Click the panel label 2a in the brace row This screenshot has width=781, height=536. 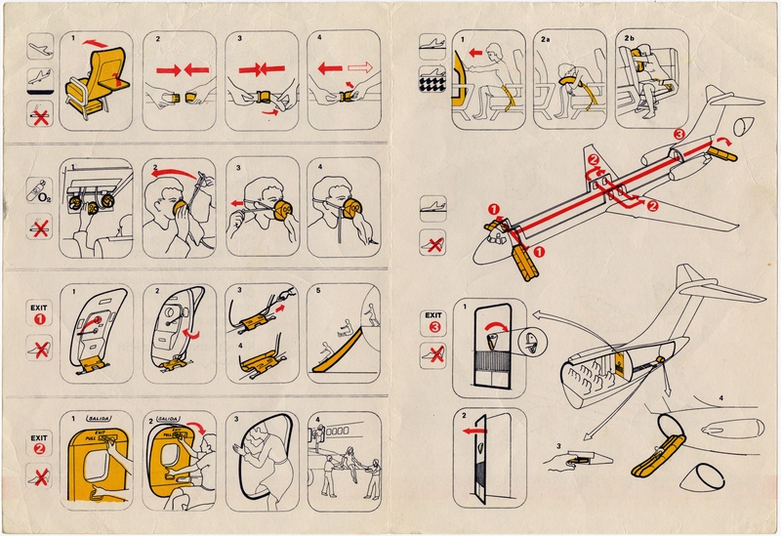point(548,39)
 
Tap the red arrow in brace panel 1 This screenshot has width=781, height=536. point(477,53)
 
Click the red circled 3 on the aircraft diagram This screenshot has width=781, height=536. point(680,134)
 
